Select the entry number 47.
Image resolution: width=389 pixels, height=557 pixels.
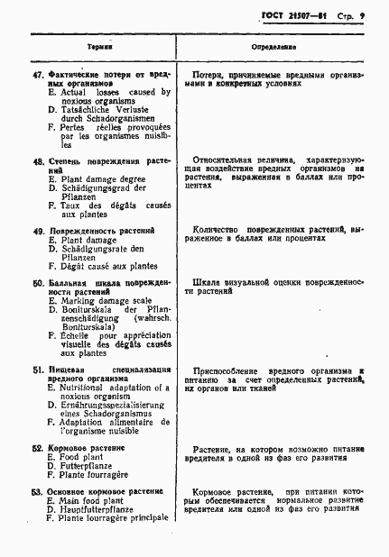click(37, 74)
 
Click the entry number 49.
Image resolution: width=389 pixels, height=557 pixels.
click(37, 231)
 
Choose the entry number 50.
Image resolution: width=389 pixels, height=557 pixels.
click(37, 283)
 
